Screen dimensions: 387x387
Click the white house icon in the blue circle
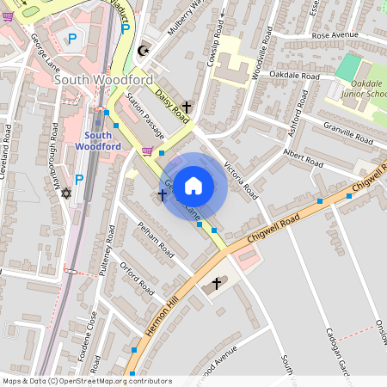pos(193,185)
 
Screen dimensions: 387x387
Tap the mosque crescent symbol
pos(144,50)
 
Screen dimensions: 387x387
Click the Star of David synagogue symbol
pos(64,193)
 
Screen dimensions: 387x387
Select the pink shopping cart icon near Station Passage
pos(148,151)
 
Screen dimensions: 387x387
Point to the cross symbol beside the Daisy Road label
pos(186,107)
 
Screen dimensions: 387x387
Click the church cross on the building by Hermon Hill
pos(216,283)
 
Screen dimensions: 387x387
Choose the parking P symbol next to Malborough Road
pos(79,179)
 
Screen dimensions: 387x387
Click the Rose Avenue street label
pos(335,35)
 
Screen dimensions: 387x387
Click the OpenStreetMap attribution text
pos(87,380)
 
